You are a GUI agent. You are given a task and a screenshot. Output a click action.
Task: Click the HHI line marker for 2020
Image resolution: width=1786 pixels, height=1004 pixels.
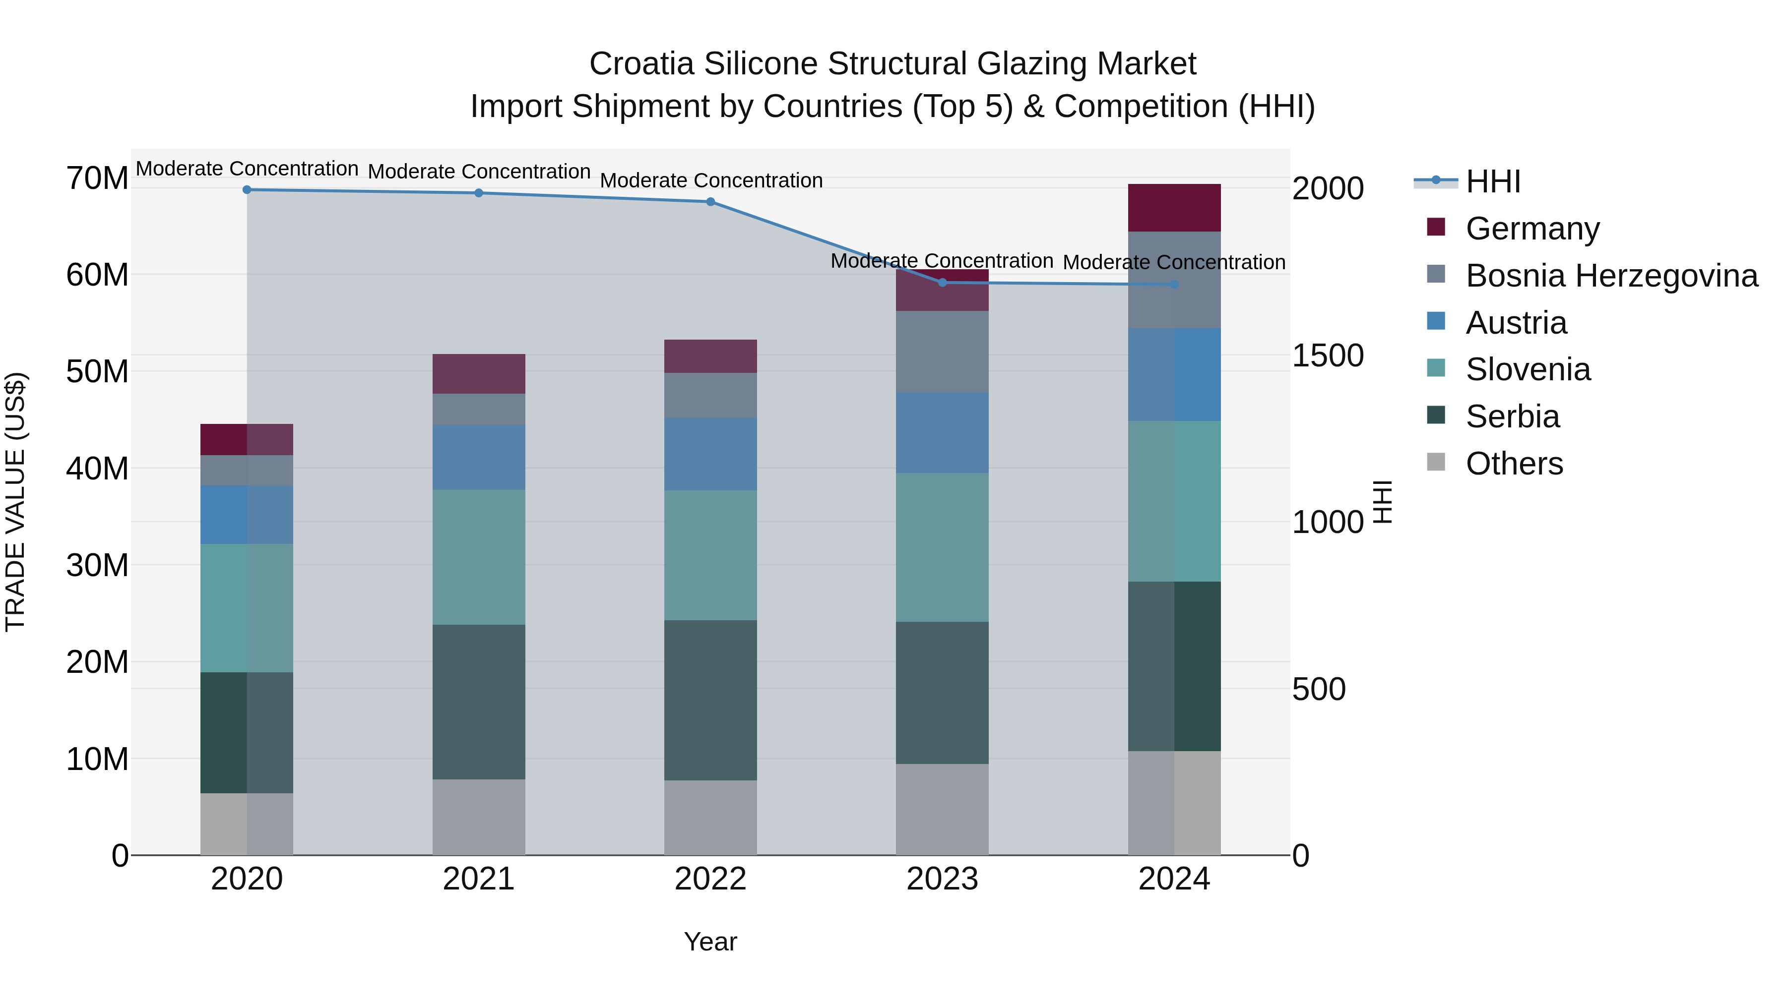pyautogui.click(x=247, y=190)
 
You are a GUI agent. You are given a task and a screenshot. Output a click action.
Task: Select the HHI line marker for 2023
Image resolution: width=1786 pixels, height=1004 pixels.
pyautogui.click(x=942, y=283)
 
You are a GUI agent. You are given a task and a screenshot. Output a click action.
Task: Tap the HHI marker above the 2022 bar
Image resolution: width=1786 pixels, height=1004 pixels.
pyautogui.click(x=710, y=202)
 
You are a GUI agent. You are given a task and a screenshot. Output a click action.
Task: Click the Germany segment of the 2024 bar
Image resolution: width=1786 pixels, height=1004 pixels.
pyautogui.click(x=1174, y=208)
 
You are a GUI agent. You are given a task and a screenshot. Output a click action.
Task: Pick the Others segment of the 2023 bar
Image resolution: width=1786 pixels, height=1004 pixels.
pyautogui.click(x=942, y=809)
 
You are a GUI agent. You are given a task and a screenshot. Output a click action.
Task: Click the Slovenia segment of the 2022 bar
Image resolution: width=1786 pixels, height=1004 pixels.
pyautogui.click(x=710, y=555)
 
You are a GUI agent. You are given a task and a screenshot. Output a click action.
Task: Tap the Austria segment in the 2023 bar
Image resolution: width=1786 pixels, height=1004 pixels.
pyautogui.click(x=942, y=433)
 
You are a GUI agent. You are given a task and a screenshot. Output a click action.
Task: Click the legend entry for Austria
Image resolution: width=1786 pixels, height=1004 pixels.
pyautogui.click(x=1516, y=323)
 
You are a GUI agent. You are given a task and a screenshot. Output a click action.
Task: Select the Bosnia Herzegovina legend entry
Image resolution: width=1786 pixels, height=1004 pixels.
pyautogui.click(x=1611, y=276)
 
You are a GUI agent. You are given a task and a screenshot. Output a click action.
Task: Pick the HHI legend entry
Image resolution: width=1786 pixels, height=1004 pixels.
pyautogui.click(x=1493, y=181)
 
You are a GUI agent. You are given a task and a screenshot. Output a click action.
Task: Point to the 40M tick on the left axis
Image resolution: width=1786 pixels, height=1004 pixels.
pyautogui.click(x=97, y=469)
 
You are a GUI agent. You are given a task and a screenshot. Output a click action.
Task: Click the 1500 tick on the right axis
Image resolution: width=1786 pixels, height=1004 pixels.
pyautogui.click(x=1328, y=355)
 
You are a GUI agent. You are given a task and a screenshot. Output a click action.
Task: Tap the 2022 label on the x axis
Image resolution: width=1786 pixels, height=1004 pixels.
pyautogui.click(x=710, y=879)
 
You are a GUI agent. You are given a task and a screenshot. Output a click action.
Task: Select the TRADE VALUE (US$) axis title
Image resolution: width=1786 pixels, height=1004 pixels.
pyautogui.click(x=16, y=502)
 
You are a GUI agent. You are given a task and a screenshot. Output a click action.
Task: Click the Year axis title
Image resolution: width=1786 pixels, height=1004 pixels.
pyautogui.click(x=710, y=942)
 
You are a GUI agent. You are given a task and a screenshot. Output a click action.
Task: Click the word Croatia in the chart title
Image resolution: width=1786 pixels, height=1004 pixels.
pyautogui.click(x=640, y=64)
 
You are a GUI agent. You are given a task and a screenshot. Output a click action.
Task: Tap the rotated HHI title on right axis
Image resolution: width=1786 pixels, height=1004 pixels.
pyautogui.click(x=1383, y=502)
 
